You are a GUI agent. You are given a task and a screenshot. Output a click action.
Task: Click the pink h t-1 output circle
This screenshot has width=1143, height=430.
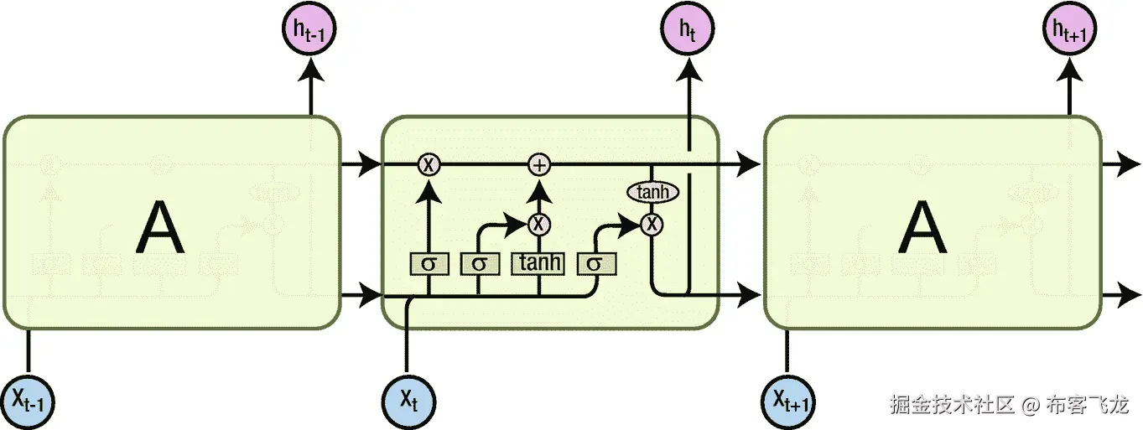click(310, 31)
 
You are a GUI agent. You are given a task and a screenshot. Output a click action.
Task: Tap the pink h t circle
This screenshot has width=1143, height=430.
click(688, 31)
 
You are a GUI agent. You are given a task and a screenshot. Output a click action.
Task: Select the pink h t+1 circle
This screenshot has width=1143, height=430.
click(1068, 31)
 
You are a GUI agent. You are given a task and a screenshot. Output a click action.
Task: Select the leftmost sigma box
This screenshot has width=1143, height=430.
click(429, 263)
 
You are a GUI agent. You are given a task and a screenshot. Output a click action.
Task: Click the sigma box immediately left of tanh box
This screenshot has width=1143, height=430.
click(479, 263)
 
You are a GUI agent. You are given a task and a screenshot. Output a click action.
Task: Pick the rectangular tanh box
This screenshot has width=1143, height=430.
click(538, 263)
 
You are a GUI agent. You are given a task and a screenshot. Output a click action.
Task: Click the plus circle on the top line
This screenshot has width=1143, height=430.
click(539, 165)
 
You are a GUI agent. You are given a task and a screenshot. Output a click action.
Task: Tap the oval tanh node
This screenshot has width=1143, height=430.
click(652, 193)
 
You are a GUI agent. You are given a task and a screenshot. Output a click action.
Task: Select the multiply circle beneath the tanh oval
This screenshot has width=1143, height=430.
click(652, 224)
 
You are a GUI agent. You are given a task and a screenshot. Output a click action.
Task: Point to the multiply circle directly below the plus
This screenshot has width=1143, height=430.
click(539, 224)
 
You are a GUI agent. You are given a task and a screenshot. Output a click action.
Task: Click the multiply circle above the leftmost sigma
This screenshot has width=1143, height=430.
click(429, 165)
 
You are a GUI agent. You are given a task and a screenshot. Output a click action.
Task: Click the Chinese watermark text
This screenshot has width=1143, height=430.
click(1009, 405)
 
